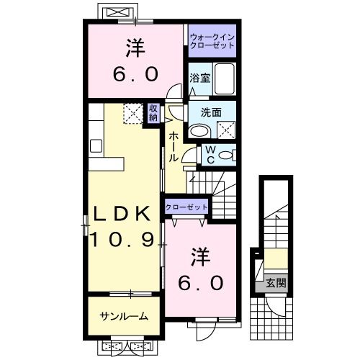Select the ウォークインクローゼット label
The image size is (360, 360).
212,40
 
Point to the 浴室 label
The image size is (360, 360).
199,77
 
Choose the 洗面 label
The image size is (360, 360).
210,112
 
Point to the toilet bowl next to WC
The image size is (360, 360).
225,154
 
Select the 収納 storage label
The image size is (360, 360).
153,114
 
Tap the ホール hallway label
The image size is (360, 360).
174,146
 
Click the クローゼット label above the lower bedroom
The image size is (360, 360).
186,207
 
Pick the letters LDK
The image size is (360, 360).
120,213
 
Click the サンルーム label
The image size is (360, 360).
124,316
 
